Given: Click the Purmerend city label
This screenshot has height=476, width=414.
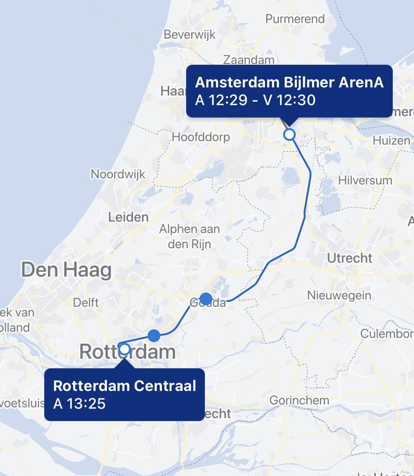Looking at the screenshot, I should [x=295, y=19].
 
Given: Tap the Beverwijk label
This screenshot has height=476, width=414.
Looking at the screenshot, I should [x=189, y=35].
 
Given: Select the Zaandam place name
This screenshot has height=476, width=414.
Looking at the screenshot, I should [x=248, y=60].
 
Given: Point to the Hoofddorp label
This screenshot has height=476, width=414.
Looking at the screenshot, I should [x=200, y=137].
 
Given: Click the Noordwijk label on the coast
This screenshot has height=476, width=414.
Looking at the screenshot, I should [x=118, y=174].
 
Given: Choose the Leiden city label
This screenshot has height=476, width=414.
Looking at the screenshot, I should [x=128, y=217].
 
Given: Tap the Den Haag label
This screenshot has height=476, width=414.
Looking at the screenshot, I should [x=66, y=270].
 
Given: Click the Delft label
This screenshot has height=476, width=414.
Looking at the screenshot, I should [x=86, y=303].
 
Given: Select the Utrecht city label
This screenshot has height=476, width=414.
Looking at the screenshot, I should [x=349, y=258].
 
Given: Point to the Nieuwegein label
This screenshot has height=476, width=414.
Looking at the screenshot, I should [x=339, y=295].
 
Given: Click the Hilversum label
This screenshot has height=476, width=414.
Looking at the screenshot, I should [x=365, y=180].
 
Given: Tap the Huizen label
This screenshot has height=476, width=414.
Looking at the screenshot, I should [x=391, y=141].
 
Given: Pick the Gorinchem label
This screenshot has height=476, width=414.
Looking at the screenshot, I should [x=299, y=400].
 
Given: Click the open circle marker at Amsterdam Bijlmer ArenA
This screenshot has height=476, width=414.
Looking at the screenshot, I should [x=290, y=134].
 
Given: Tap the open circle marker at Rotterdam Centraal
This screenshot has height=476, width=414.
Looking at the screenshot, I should [x=124, y=349].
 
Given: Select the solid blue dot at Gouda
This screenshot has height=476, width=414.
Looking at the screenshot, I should [x=206, y=298].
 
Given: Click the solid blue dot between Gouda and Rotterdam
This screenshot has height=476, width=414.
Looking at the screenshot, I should [x=154, y=336].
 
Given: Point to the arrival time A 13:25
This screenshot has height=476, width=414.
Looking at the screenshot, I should [x=79, y=404].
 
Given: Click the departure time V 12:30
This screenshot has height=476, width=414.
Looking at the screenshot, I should [x=290, y=100].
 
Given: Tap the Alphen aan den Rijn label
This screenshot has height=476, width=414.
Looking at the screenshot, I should [x=189, y=236].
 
